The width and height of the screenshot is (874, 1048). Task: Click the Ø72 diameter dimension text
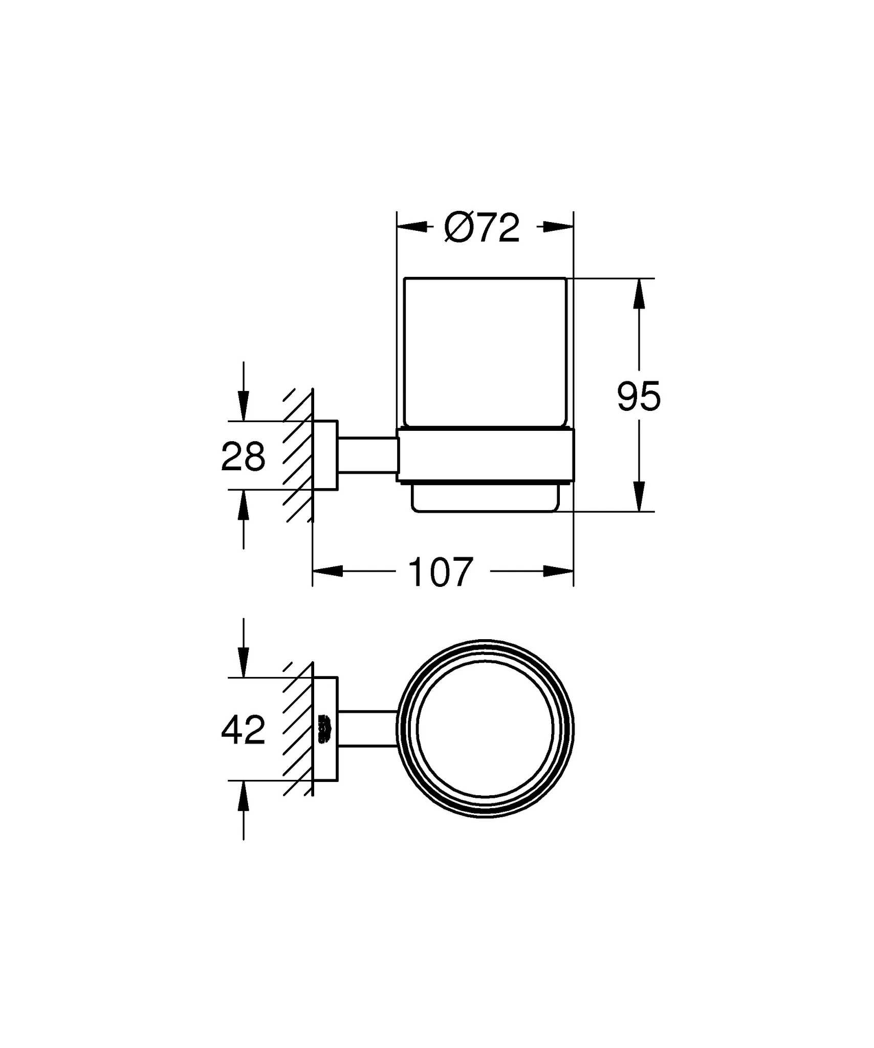click(x=482, y=228)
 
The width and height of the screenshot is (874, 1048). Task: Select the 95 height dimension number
click(x=639, y=397)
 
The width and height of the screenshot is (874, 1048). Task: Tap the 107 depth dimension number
click(x=441, y=573)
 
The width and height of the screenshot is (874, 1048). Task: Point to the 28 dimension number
click(x=243, y=456)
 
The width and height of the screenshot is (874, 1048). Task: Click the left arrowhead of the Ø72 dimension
click(x=412, y=227)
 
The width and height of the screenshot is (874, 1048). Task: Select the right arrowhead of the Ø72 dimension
click(x=558, y=227)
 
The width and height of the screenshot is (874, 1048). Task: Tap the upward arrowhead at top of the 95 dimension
click(x=639, y=294)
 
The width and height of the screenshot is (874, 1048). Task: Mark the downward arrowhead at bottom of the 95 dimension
click(x=639, y=495)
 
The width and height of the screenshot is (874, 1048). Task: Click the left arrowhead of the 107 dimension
click(x=328, y=571)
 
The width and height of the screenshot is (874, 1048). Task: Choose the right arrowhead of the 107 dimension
click(x=558, y=571)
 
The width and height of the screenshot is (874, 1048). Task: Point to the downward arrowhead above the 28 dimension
click(x=244, y=406)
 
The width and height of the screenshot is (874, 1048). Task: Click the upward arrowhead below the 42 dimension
click(x=244, y=796)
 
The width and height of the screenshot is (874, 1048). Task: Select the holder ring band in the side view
click(x=485, y=455)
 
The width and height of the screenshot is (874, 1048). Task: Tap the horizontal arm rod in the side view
click(x=366, y=455)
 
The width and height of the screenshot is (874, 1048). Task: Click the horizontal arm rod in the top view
click(x=366, y=729)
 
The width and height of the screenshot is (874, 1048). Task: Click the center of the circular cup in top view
click(x=485, y=729)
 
